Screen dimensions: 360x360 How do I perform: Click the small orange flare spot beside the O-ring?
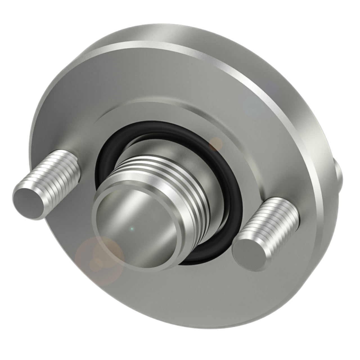216,143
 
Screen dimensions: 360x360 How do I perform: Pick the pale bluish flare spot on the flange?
253,105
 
